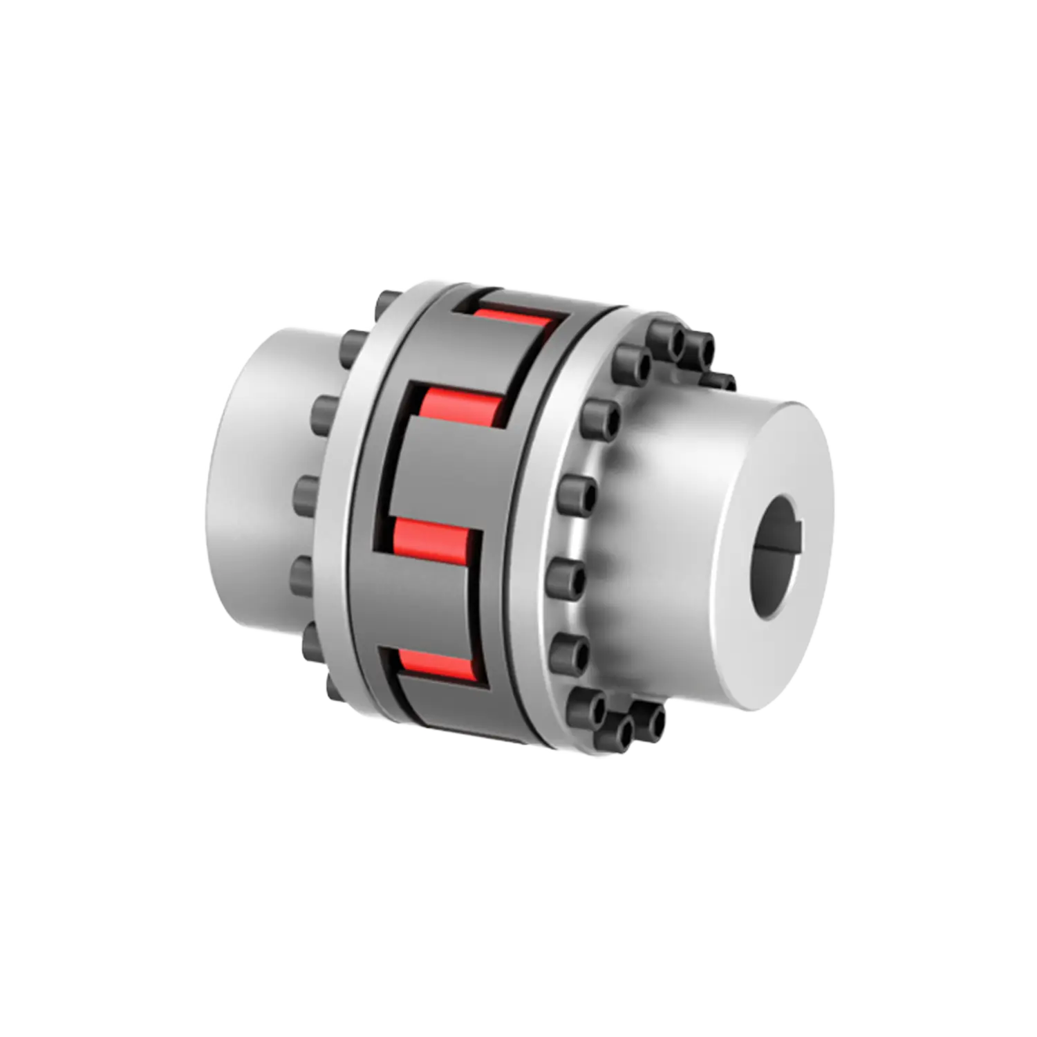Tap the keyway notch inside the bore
pyautogui.click(x=796, y=532)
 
